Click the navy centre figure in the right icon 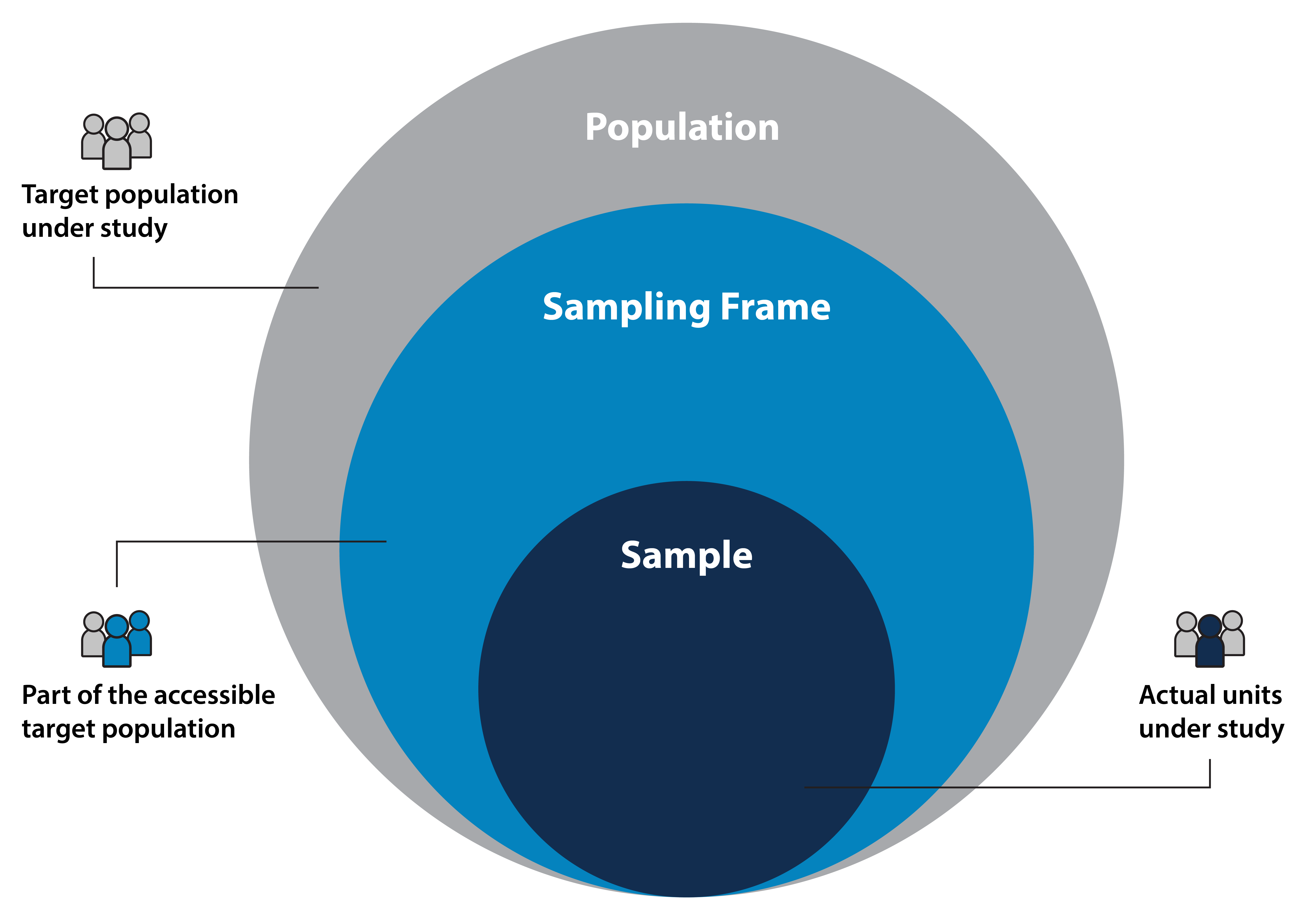tap(1209, 644)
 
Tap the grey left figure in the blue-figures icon tap(93, 635)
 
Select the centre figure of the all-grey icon tap(117, 145)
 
